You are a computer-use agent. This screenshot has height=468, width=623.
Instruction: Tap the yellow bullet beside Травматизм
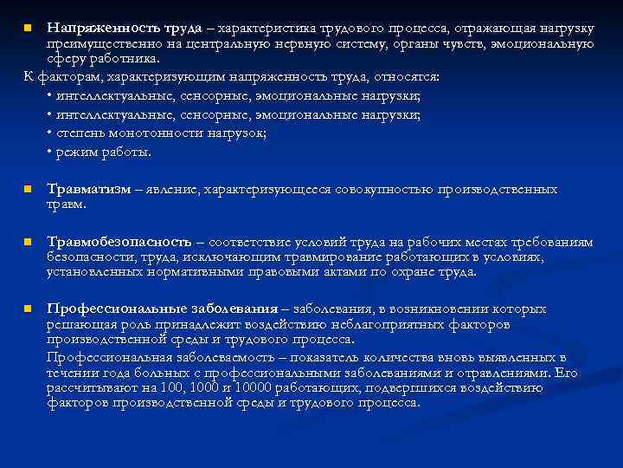[28, 189]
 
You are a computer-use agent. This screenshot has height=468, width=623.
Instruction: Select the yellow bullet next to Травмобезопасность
[28, 242]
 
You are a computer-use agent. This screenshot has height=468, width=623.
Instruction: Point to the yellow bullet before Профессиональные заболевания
[28, 309]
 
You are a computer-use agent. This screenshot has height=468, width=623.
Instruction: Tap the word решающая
[79, 324]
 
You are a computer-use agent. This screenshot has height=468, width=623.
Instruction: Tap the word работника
[132, 59]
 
